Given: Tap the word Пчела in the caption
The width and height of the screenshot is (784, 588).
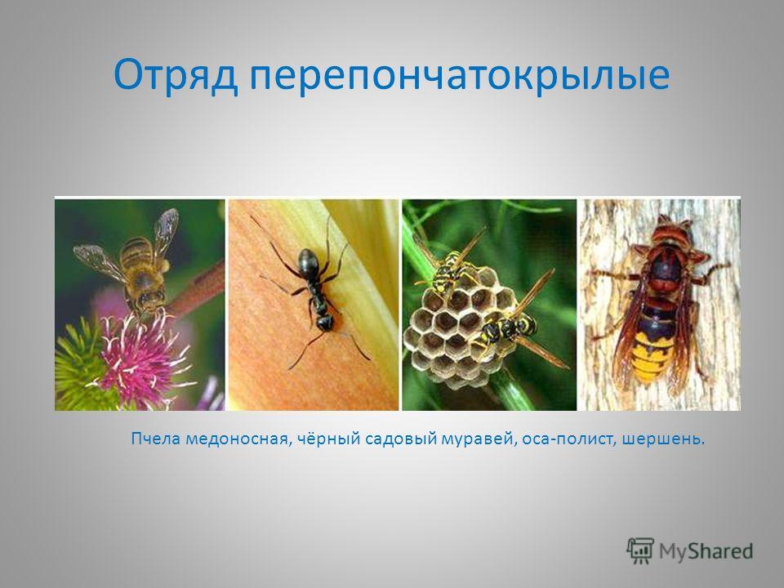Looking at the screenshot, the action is pos(156,439).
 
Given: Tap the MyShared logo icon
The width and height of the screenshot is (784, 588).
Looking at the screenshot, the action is pos(640,551).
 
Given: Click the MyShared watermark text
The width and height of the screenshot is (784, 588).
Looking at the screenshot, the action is pos(706,551).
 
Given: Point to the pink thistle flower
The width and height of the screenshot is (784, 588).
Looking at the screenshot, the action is pos(142,358).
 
